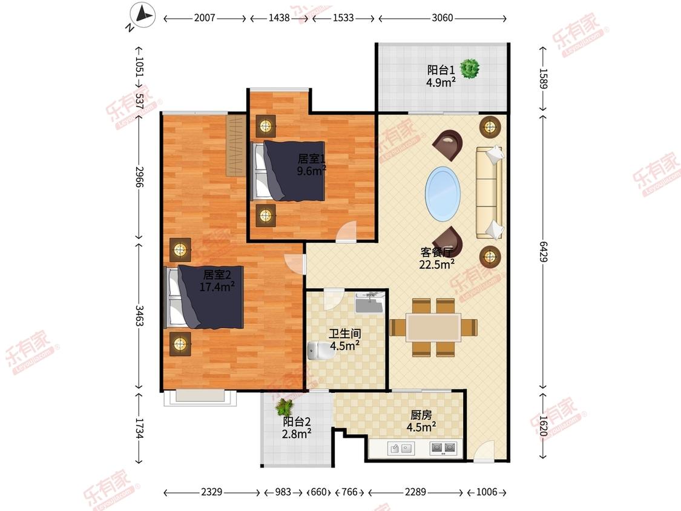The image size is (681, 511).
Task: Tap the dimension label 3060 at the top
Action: click(442, 18)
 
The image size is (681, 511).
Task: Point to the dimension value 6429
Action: click(544, 252)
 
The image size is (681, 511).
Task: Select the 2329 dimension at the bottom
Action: click(211, 492)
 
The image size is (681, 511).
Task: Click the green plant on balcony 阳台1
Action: click(470, 68)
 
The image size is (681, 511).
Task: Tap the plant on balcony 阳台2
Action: click(285, 407)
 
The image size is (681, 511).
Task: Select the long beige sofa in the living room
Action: click(490, 193)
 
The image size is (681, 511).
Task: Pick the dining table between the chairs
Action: click(433, 328)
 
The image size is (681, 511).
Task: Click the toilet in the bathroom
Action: click(319, 351)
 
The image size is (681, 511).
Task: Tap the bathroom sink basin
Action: click(369, 303)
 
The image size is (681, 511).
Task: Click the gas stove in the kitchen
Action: click(443, 447)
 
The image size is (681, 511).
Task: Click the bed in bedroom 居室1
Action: click(289, 171)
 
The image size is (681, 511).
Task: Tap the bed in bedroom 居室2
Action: click(203, 297)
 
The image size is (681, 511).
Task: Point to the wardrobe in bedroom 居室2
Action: click(236, 145)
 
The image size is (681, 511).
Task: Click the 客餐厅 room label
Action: click(436, 252)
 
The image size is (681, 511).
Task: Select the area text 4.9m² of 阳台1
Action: click(441, 82)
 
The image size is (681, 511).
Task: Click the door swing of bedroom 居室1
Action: click(347, 231)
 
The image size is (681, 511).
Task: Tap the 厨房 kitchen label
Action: click(421, 415)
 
